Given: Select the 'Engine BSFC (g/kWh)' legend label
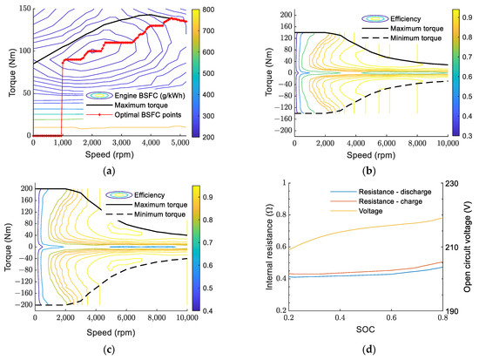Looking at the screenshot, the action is pyautogui.click(x=150, y=95).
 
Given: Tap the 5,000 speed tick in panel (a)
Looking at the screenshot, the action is pyautogui.click(x=179, y=143).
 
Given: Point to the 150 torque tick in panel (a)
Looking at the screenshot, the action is pyautogui.click(x=25, y=9).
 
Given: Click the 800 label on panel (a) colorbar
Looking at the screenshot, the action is pyautogui.click(x=209, y=10).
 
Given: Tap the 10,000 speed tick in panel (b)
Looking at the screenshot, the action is pyautogui.click(x=448, y=144).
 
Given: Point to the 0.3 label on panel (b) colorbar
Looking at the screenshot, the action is pyautogui.click(x=468, y=136).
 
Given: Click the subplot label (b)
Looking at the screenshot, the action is pyautogui.click(x=368, y=171).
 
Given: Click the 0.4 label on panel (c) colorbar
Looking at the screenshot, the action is pyautogui.click(x=207, y=311).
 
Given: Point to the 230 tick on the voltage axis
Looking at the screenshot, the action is pyautogui.click(x=452, y=184).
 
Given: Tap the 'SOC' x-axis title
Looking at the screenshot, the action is pyautogui.click(x=366, y=329).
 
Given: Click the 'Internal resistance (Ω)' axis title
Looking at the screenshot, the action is pyautogui.click(x=269, y=248).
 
